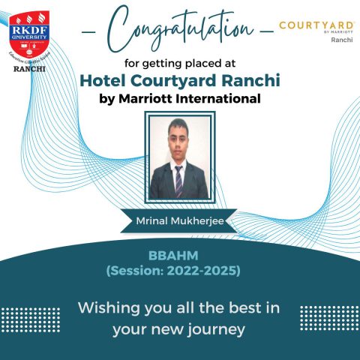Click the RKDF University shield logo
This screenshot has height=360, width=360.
coord(28,28)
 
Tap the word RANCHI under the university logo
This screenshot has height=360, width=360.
coord(28,68)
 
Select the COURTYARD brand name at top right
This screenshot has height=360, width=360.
coord(316,25)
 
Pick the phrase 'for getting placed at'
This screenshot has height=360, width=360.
coord(180,64)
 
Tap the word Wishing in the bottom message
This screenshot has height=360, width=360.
coord(108,307)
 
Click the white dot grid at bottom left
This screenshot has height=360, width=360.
coord(30,319)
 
